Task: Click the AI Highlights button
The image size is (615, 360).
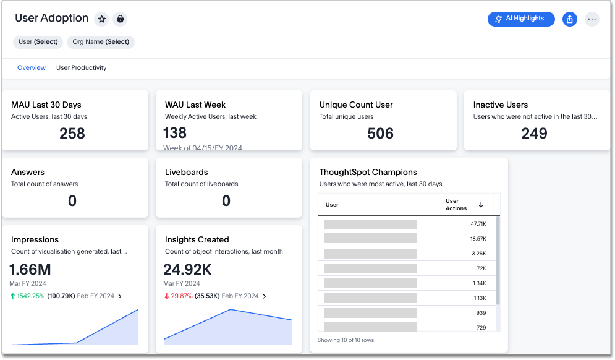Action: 520,19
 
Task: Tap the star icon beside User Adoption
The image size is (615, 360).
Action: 102,19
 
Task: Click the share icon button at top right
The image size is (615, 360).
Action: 569,19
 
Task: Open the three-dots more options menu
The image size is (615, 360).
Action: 592,19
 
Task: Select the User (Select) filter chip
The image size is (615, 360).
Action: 38,42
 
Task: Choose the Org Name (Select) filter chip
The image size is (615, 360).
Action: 101,42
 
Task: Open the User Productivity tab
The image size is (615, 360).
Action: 81,68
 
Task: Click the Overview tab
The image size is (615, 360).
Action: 32,68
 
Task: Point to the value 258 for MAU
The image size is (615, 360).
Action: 72,134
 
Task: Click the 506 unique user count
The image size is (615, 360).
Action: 380,134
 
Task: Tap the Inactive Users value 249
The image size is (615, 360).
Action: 534,134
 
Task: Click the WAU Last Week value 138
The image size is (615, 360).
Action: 175,133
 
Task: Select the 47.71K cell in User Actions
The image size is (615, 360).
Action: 478,224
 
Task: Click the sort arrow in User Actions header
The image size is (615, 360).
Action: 481,205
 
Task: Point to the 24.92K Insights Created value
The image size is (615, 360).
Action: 188,269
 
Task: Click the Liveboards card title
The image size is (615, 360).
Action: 186,172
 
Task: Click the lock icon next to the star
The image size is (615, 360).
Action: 120,19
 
